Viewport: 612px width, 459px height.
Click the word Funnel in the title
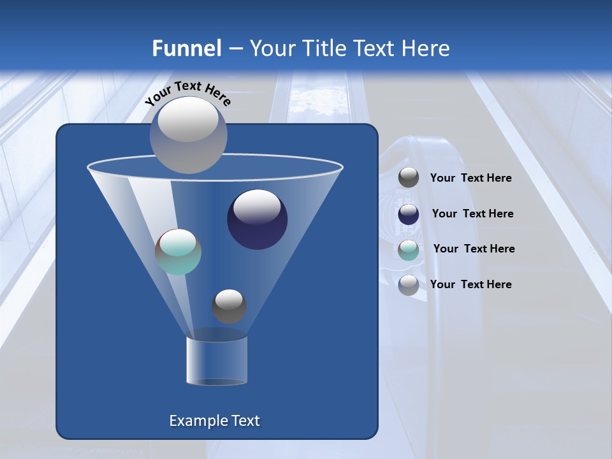point(186,48)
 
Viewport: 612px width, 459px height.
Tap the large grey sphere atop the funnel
point(189,135)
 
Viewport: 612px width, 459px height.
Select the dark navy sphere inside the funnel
point(257,219)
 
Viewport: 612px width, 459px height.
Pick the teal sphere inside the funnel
point(178,252)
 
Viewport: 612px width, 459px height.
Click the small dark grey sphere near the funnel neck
point(229,306)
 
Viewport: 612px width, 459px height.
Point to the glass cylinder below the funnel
point(217,361)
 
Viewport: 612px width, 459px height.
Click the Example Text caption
point(215,421)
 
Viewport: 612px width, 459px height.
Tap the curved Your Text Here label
point(188,93)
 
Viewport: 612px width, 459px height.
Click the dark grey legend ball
point(409,178)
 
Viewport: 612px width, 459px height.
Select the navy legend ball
point(409,214)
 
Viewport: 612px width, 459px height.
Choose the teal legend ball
point(409,250)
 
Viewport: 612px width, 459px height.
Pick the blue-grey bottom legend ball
point(409,285)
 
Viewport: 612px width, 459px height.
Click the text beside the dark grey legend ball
point(470,178)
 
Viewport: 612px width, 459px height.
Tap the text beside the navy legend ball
point(472,214)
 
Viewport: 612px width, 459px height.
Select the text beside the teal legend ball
point(474,249)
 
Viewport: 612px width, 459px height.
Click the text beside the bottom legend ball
point(470,284)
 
